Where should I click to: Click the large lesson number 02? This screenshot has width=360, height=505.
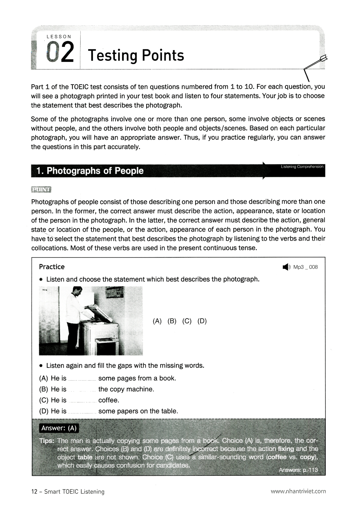60,53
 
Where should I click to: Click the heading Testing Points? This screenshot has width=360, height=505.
136,55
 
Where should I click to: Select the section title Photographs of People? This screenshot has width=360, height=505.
95,171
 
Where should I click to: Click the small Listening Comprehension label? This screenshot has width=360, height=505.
302,167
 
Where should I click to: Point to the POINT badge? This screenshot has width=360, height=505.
41,189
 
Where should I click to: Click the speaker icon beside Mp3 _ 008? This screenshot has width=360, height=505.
286,267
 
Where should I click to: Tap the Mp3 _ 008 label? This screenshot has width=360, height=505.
305,267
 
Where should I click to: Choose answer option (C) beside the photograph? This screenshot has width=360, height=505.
187,321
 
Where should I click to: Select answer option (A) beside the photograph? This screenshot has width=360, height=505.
157,321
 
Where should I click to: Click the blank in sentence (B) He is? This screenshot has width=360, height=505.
82,389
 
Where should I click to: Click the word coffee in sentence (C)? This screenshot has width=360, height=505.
108,400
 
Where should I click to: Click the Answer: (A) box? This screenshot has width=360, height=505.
59,428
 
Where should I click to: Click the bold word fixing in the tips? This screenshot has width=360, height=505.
286,449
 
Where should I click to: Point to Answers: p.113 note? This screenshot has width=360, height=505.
298,470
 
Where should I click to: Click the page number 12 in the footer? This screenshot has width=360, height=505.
35,491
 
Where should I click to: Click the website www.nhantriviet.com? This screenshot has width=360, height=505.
298,491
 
